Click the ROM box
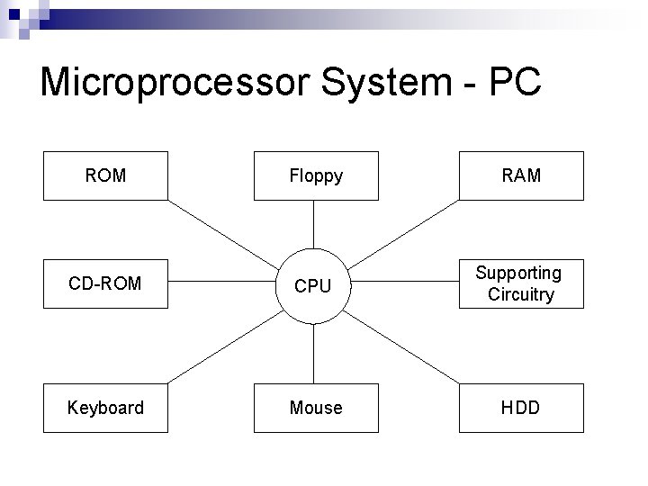[x=105, y=175]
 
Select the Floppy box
[x=315, y=176]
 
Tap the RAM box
[x=522, y=175]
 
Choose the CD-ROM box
[x=105, y=283]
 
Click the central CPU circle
[x=313, y=284]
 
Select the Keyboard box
[x=105, y=408]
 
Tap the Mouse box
[x=315, y=408]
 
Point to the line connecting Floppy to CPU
[x=313, y=224]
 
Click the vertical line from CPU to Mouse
[x=313, y=353]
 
